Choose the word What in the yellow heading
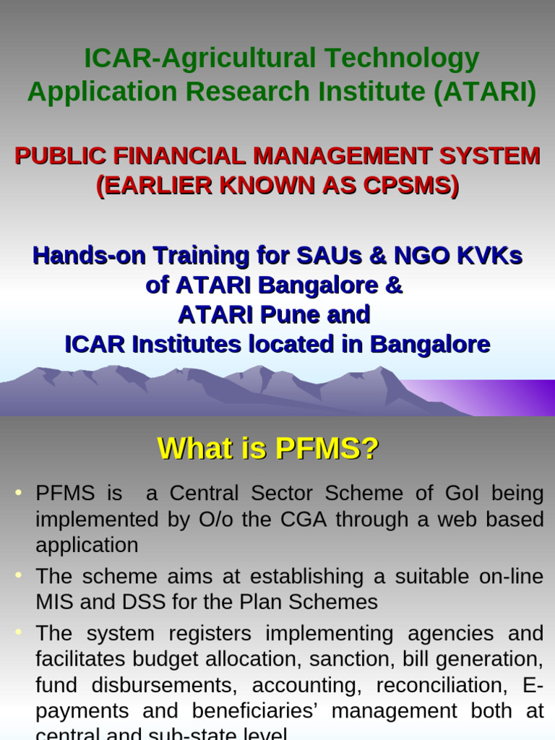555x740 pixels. click(192, 449)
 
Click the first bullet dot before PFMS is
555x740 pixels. click(18, 492)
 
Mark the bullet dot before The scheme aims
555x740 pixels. click(18, 575)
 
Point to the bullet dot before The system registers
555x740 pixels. click(18, 632)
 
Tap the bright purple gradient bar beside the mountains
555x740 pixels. click(506, 398)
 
